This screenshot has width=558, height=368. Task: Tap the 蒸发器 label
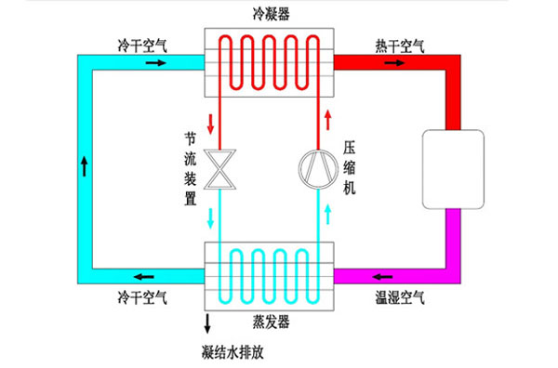pyautogui.click(x=268, y=321)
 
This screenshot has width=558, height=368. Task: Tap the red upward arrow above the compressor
pyautogui.click(x=326, y=120)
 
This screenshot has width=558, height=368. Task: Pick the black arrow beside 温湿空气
pyautogui.click(x=384, y=276)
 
